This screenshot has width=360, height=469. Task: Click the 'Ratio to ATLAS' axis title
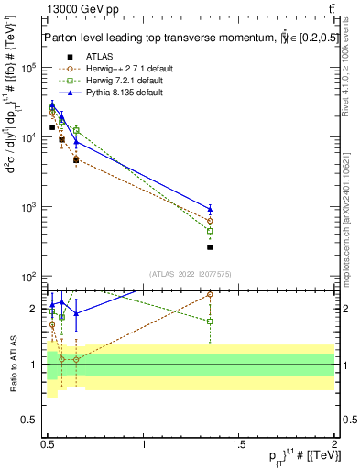(11, 363)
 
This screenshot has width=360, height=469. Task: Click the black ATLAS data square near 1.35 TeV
(210, 247)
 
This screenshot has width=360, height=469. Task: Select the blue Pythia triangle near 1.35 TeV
(210, 209)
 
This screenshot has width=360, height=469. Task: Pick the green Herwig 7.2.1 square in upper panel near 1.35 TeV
(210, 231)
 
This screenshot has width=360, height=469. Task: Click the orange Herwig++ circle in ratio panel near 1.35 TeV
(210, 295)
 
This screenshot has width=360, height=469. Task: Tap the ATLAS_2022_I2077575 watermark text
(190, 273)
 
